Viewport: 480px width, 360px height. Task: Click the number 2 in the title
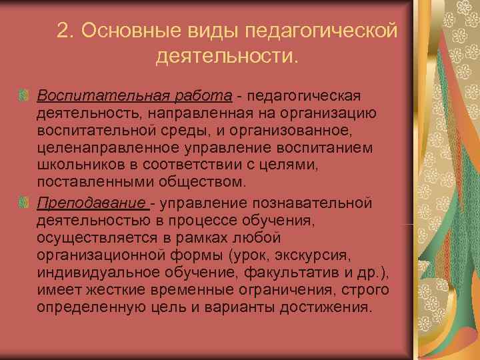click(x=64, y=31)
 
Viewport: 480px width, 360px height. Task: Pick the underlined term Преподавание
click(x=91, y=203)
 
